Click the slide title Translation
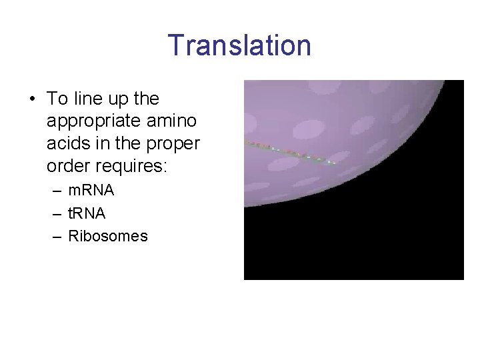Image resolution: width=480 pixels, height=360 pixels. click(239, 45)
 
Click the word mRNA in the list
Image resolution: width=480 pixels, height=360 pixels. click(91, 190)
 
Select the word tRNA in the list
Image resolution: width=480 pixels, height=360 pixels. click(87, 213)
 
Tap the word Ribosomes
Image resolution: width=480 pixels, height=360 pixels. click(108, 236)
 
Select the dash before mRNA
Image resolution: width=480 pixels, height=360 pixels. click(58, 191)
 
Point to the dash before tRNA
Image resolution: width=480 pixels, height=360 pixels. click(58, 214)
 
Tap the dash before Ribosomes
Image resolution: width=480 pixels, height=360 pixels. click(58, 237)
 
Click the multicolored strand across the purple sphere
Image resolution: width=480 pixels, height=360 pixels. click(290, 153)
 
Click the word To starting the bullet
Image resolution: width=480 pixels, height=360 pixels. click(57, 99)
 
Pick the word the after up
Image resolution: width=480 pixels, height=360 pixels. click(147, 99)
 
